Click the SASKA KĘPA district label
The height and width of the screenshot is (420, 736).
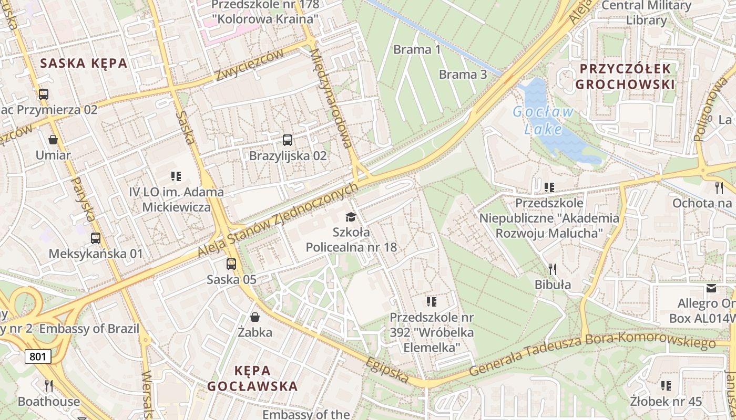84,64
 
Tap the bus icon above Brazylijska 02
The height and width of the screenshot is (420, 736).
287,140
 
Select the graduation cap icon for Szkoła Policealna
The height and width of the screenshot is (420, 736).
351,217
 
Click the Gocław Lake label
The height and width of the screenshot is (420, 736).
543,120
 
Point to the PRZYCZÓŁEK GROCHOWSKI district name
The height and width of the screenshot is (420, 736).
625,77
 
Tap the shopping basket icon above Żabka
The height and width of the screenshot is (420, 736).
255,317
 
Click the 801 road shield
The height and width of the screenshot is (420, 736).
38,357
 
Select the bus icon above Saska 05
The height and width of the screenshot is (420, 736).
231,264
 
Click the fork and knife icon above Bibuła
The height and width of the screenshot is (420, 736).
552,269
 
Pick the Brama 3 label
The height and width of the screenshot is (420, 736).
463,74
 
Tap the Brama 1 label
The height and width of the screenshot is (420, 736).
417,50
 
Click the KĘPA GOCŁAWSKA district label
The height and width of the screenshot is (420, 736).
252,379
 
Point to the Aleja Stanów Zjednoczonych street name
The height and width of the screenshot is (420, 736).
278,220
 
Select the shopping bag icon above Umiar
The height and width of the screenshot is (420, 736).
53,140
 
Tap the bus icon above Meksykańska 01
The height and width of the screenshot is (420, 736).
95,238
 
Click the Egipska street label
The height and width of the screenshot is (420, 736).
388,371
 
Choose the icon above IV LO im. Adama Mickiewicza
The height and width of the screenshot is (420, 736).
176,176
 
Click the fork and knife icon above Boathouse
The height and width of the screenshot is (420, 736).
48,386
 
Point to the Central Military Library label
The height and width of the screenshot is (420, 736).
646,13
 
